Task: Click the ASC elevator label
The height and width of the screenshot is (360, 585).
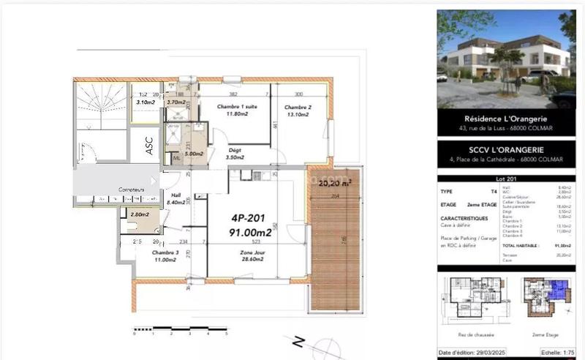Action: tap(149, 149)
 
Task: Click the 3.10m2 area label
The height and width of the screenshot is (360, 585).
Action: tap(146, 102)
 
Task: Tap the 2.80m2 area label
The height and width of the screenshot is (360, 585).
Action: tap(139, 215)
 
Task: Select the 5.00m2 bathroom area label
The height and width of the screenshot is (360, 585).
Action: tap(193, 154)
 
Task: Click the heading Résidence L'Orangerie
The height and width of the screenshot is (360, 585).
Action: tap(506, 119)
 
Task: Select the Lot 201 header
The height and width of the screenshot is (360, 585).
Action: tap(506, 179)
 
